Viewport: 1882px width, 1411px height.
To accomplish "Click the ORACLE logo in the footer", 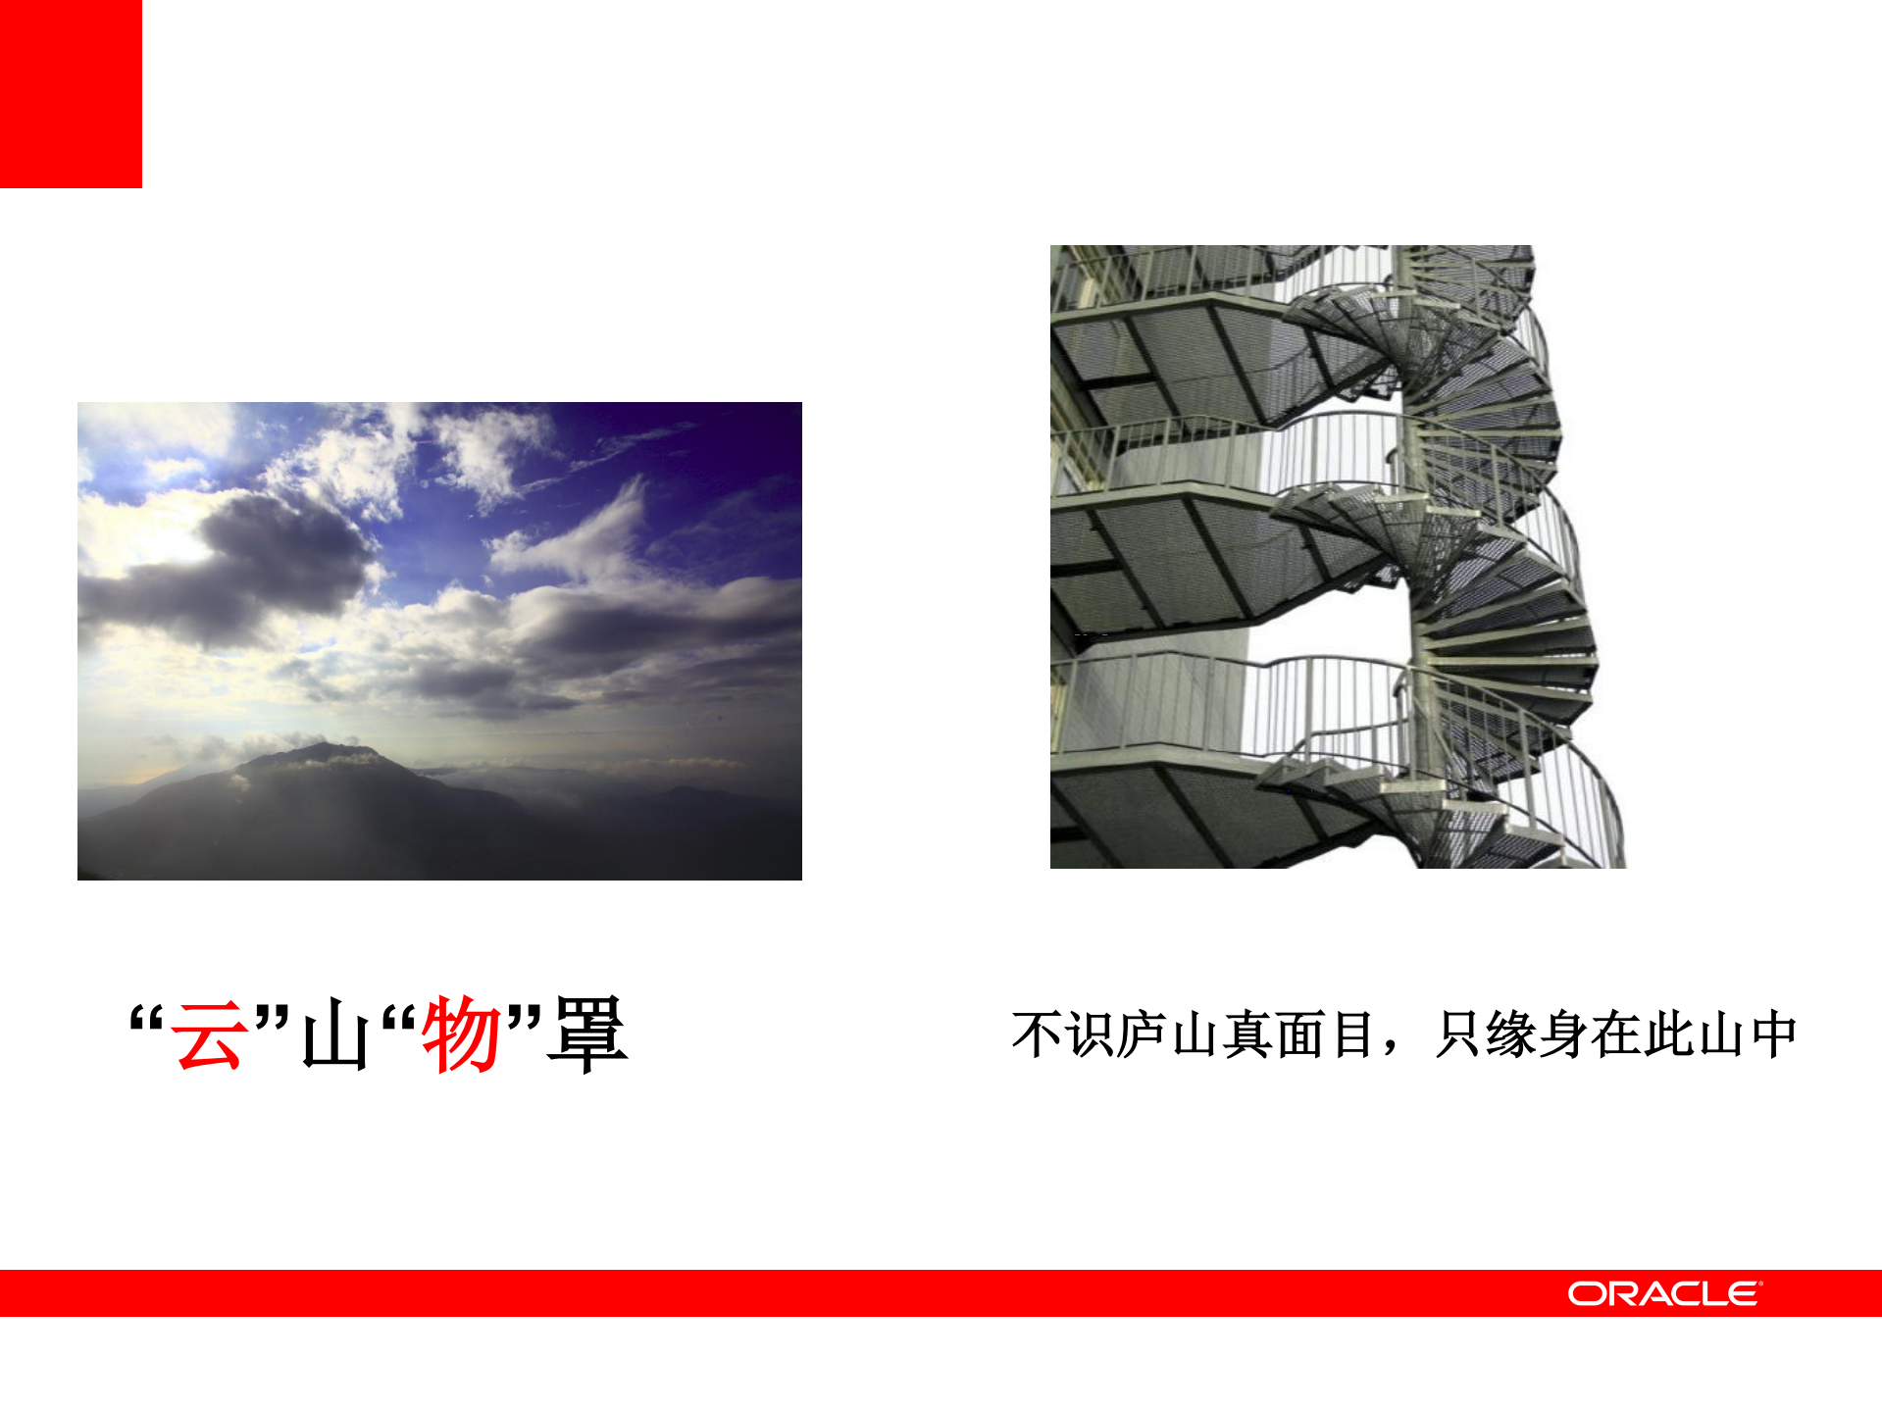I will pyautogui.click(x=1664, y=1293).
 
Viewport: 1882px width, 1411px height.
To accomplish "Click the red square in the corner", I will pyautogui.click(x=71, y=93).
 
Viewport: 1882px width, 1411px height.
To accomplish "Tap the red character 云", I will pyautogui.click(x=208, y=1034).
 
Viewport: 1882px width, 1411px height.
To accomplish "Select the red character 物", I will pyautogui.click(x=461, y=1034).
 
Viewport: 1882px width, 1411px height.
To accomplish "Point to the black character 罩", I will pyautogui.click(x=586, y=1034).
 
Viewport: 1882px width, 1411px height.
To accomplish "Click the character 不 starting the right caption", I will pyautogui.click(x=1038, y=1035).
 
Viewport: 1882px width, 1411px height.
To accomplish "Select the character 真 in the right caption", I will pyautogui.click(x=1248, y=1035).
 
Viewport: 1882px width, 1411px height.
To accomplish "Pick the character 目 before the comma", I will pyautogui.click(x=1353, y=1035).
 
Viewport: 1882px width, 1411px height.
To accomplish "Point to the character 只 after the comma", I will pyautogui.click(x=1458, y=1035).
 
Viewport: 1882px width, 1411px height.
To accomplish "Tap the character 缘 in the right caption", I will pyautogui.click(x=1511, y=1035).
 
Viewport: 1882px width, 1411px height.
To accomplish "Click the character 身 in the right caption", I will pyautogui.click(x=1564, y=1035).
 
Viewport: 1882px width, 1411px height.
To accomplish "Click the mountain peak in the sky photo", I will pyautogui.click(x=324, y=753).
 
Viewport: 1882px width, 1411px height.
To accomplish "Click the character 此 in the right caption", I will pyautogui.click(x=1670, y=1035).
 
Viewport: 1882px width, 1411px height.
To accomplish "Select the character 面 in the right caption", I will pyautogui.click(x=1300, y=1035).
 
